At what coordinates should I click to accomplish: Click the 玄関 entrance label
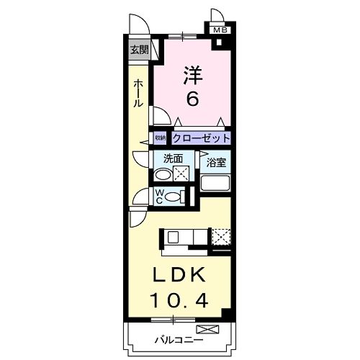tap(139, 50)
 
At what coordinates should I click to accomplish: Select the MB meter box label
tap(220, 30)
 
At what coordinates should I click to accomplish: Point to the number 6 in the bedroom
tap(192, 99)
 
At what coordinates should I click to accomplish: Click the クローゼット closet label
tap(201, 138)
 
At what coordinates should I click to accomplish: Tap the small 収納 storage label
tap(160, 138)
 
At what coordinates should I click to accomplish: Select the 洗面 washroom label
tap(172, 158)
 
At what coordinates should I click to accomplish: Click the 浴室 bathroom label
tap(216, 163)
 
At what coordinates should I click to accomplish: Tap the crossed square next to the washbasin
tap(181, 174)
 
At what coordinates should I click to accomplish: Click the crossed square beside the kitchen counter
tap(221, 236)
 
